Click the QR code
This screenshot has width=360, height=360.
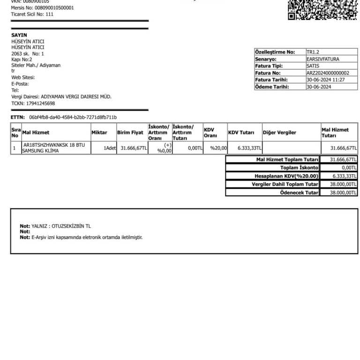pyautogui.click(x=322, y=9)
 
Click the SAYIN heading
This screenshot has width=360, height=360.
pyautogui.click(x=19, y=35)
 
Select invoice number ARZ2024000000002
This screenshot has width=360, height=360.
pyautogui.click(x=328, y=73)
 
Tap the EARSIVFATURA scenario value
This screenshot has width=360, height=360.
pyautogui.click(x=322, y=59)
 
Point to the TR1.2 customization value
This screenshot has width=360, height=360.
pyautogui.click(x=313, y=52)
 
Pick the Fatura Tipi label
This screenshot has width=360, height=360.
pyautogui.click(x=268, y=66)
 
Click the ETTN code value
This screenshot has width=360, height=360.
pyautogui.click(x=73, y=117)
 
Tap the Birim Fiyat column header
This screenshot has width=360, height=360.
pyautogui.click(x=130, y=133)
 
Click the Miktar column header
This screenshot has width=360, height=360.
pyautogui.click(x=99, y=133)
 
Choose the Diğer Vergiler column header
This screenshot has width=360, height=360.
pyautogui.click(x=279, y=133)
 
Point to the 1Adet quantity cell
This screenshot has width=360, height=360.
pyautogui.click(x=110, y=148)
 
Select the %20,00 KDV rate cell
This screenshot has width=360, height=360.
pyautogui.click(x=218, y=148)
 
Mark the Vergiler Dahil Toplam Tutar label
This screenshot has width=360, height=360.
pyautogui.click(x=285, y=184)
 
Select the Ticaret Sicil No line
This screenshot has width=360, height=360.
pyautogui.click(x=32, y=14)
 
